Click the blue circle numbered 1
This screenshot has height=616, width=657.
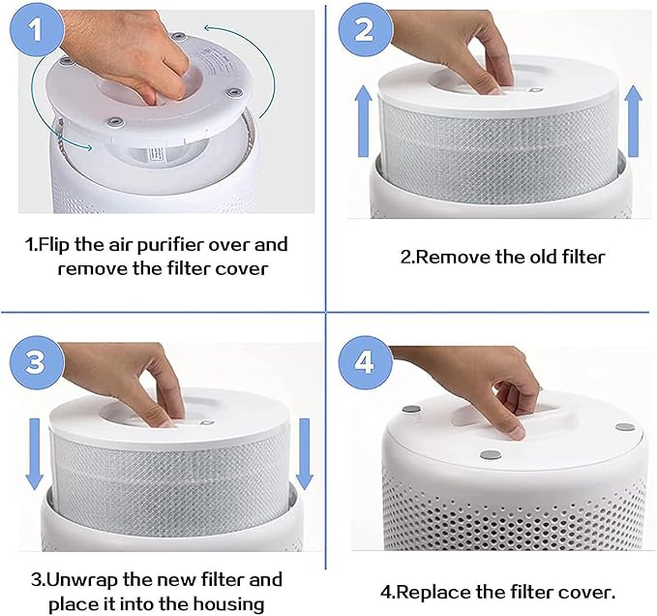click(x=37, y=30)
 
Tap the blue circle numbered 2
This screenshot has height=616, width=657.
click(x=366, y=30)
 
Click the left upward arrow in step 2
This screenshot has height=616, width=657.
click(x=363, y=121)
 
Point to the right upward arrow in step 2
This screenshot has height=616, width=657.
click(x=633, y=121)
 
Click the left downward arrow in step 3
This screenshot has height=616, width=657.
click(x=35, y=453)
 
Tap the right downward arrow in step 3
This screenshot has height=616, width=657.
click(x=304, y=453)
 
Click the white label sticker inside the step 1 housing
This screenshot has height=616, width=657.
click(x=156, y=154)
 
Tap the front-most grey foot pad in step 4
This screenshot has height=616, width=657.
click(x=491, y=455)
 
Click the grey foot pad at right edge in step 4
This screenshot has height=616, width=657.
click(x=625, y=428)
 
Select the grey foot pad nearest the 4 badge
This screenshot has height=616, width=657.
click(x=411, y=409)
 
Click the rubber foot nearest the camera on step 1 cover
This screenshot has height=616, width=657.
click(x=115, y=122)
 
